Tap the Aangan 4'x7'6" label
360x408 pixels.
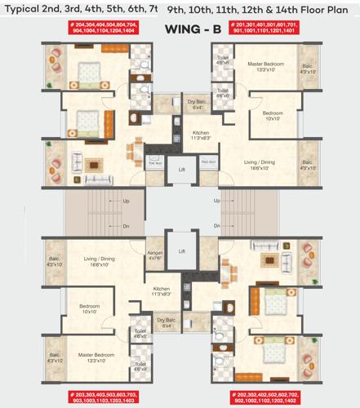155,256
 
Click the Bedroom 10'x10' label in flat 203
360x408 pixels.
90,310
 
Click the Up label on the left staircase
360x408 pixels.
126,201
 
